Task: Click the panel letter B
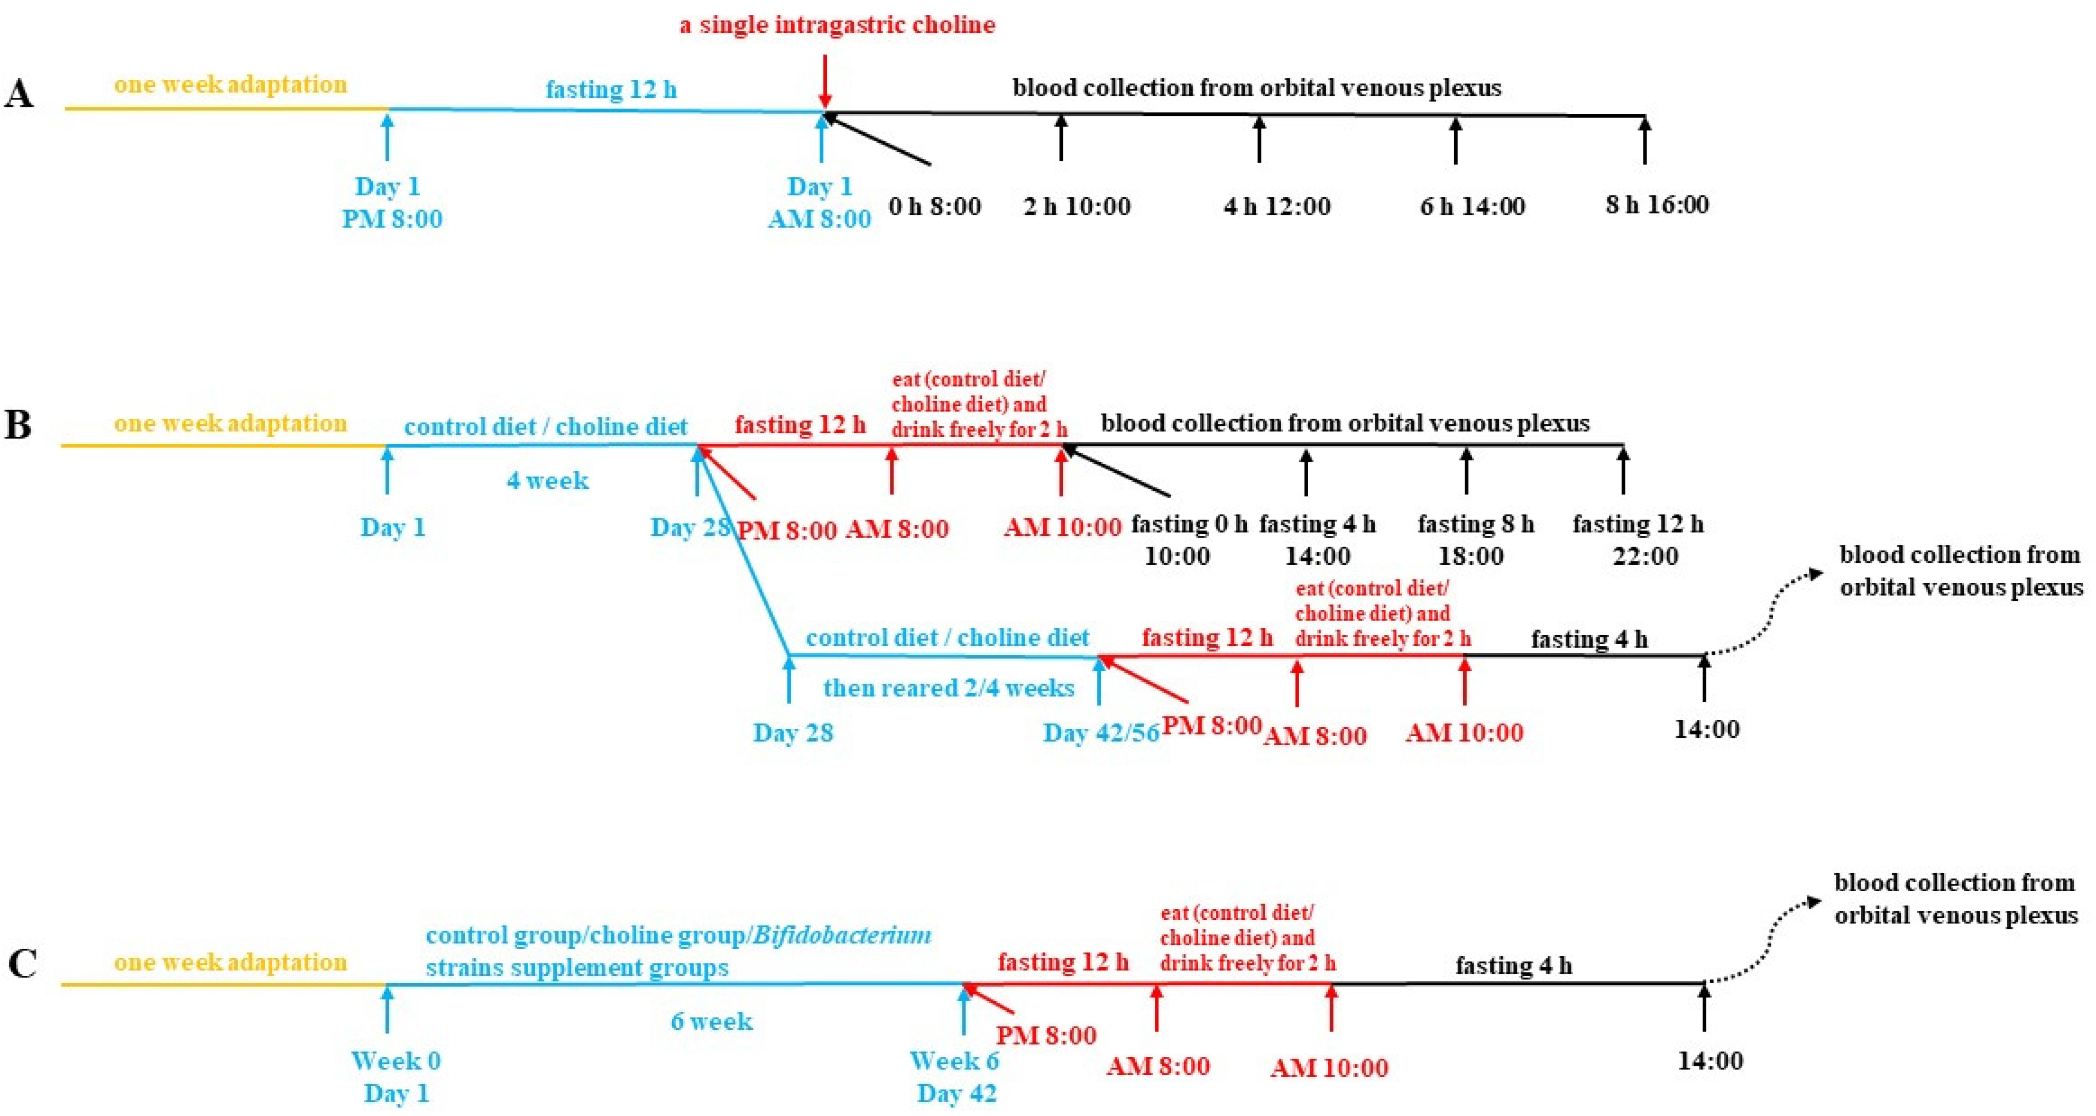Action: point(18,425)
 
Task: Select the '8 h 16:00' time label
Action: point(1657,204)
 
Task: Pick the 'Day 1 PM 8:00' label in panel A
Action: point(391,203)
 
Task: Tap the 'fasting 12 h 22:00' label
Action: point(1638,539)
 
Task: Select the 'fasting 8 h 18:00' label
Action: point(1475,539)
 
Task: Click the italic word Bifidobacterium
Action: point(842,935)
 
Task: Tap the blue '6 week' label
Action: point(711,1021)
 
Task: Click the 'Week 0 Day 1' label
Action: point(396,1077)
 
